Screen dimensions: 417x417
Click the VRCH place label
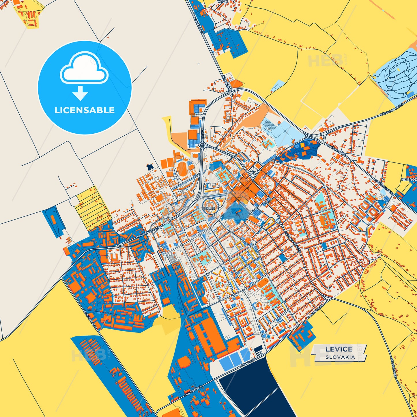tap(222, 2)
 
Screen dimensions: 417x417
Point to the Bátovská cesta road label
tap(392, 110)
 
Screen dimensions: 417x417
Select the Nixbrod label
tap(409, 179)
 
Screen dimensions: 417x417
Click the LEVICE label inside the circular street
tap(209, 208)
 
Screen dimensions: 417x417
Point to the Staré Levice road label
tap(393, 368)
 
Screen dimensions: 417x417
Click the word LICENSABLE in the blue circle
tap(85, 110)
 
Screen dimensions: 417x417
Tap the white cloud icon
tap(84, 68)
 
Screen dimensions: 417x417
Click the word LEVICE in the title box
tap(339, 349)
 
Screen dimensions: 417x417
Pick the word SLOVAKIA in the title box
tap(340, 357)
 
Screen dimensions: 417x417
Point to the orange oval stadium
tap(182, 167)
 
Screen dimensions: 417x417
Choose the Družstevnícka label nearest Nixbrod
tap(384, 187)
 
